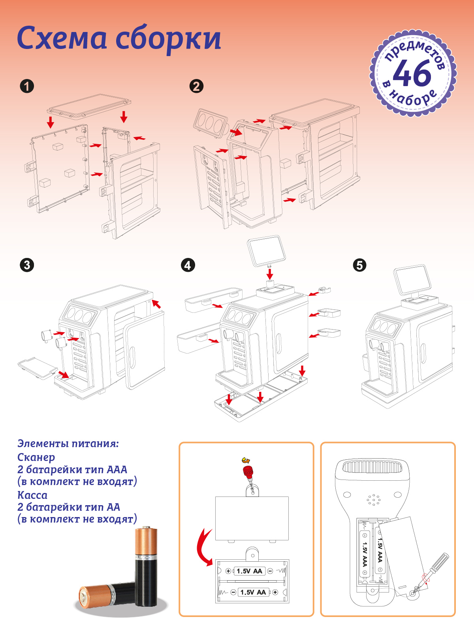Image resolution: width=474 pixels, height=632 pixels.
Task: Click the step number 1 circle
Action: (x=27, y=87)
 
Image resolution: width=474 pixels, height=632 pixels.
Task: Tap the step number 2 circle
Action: (x=197, y=87)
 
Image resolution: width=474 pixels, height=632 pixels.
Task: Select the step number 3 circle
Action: (x=27, y=265)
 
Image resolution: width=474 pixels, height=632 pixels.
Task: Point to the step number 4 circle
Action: (x=188, y=265)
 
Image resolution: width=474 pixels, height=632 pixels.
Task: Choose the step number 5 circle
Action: (x=360, y=265)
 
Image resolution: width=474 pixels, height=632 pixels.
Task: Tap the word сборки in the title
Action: (x=168, y=40)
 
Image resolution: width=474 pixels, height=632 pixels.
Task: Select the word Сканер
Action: (x=36, y=457)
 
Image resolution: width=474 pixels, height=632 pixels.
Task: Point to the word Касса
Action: (x=32, y=495)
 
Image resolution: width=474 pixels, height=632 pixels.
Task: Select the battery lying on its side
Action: (x=107, y=595)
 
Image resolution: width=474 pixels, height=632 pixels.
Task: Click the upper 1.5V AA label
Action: (x=249, y=571)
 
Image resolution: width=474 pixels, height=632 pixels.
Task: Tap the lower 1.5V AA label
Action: (x=253, y=592)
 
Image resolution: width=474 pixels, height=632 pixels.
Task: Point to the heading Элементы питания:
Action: (x=68, y=444)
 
